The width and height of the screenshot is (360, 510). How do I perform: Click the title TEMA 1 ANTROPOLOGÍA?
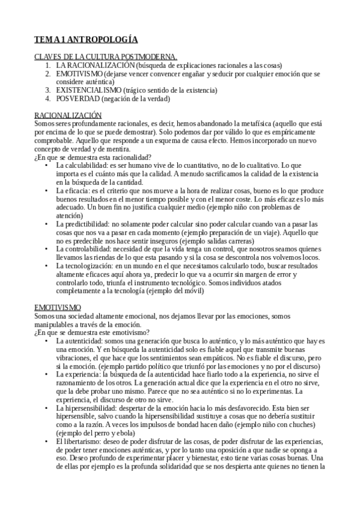click(x=86, y=40)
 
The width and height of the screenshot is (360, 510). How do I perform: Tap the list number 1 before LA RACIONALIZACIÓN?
click(x=47, y=64)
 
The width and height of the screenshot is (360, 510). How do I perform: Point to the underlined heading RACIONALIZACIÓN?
click(x=68, y=115)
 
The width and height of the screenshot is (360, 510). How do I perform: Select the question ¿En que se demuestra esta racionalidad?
click(x=92, y=157)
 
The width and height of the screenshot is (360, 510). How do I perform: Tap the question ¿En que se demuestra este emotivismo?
click(x=92, y=333)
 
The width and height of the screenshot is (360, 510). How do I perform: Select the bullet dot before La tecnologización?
click(x=47, y=265)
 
